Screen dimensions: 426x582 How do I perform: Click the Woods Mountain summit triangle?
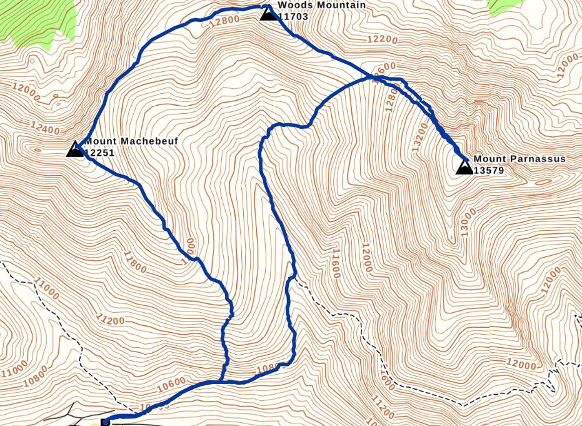268,13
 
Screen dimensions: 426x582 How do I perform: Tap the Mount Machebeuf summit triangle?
76,149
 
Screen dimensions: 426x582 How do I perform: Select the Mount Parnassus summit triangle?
464,166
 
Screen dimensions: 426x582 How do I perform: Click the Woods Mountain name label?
321,5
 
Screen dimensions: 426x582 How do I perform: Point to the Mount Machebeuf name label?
131,141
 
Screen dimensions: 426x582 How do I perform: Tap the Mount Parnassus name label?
519,159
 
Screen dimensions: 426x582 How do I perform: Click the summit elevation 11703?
293,16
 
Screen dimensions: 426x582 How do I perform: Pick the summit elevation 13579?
489,170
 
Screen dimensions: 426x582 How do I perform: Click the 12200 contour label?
383,39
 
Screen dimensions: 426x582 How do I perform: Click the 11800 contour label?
134,262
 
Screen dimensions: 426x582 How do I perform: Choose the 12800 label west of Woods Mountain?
224,20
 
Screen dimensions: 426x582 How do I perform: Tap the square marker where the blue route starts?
105,422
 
